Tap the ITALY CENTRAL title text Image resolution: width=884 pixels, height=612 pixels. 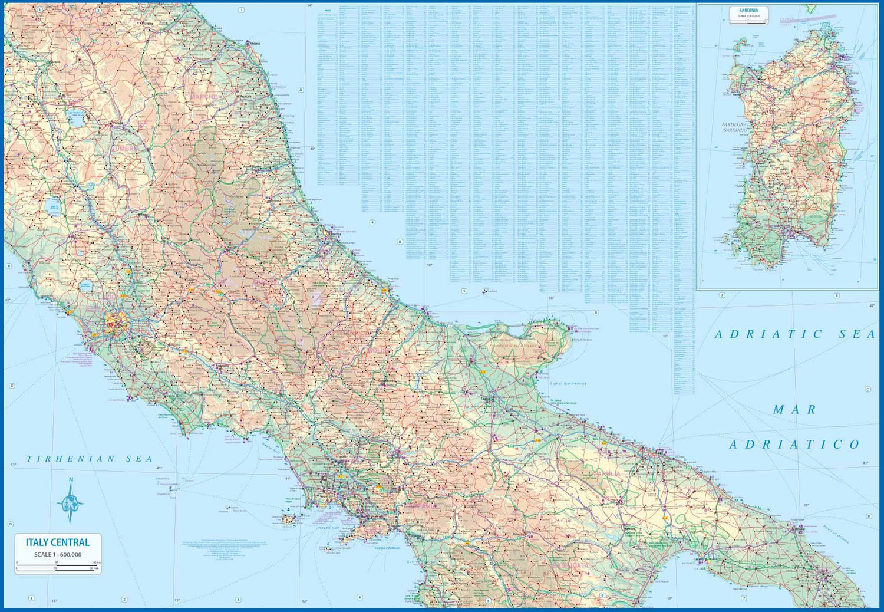tap(58, 542)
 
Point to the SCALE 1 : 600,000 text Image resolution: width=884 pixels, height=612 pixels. tap(58, 554)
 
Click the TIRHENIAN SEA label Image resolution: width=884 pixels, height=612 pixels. tap(90, 459)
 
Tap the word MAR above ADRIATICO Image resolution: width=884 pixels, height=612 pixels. tap(794, 410)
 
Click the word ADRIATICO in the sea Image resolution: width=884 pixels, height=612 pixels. tap(794, 445)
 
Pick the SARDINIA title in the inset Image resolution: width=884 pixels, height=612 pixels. tap(748, 11)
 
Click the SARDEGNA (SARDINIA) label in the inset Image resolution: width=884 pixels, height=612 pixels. tap(734, 127)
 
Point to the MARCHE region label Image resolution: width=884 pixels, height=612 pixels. tap(203, 96)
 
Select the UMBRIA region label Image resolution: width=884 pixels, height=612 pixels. tap(125, 149)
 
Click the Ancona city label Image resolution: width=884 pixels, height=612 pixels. tap(255, 44)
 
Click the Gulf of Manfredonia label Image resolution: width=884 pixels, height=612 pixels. tap(568, 384)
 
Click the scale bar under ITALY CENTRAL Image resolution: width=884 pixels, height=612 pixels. tap(58, 565)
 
